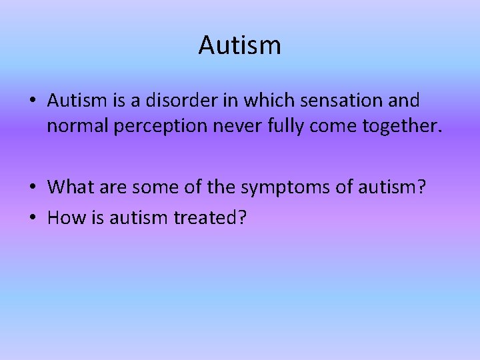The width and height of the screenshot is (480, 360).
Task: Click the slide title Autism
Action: (240, 45)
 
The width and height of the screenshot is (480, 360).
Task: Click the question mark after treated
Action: (240, 217)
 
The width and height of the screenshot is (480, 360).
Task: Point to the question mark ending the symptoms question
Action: (420, 187)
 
